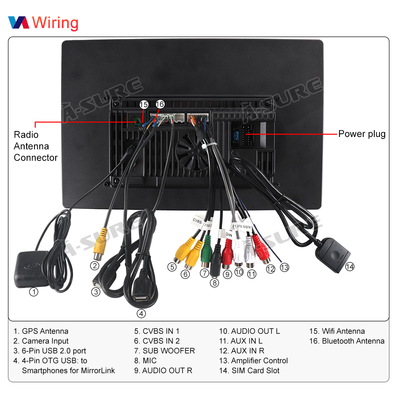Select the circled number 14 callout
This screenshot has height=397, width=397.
click(349, 267)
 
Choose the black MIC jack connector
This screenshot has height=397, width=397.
click(216, 262)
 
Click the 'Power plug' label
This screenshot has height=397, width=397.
click(362, 134)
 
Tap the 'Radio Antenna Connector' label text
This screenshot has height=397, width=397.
click(36, 146)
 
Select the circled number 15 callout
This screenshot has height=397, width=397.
click(144, 104)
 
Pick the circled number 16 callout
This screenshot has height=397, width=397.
click(160, 104)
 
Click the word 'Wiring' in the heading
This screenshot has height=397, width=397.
click(55, 23)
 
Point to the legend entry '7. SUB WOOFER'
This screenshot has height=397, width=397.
click(164, 351)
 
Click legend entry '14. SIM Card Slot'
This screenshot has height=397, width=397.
click(249, 371)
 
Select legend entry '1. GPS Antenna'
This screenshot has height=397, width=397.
click(41, 331)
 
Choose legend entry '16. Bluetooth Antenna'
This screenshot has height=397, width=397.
click(347, 341)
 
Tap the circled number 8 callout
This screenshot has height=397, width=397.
click(214, 283)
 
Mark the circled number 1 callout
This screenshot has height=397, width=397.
click(34, 292)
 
